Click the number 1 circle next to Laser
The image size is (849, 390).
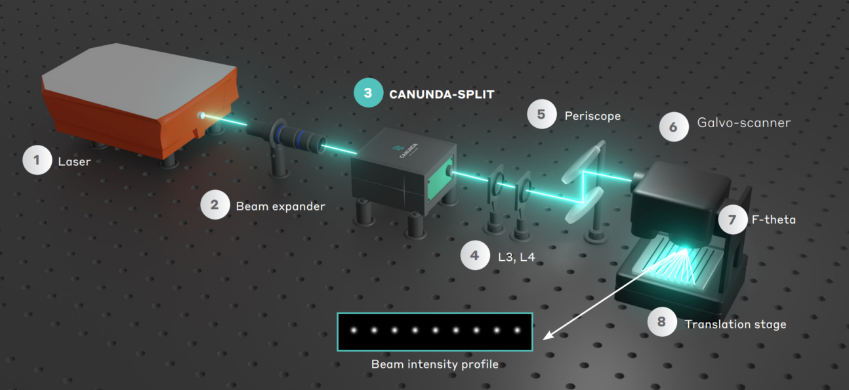pyautogui.click(x=37, y=160)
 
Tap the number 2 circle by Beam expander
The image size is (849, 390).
pyautogui.click(x=215, y=205)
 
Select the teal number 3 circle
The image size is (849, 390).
pyautogui.click(x=367, y=93)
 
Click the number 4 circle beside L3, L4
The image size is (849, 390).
pyautogui.click(x=475, y=256)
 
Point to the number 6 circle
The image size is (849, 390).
pyautogui.click(x=674, y=127)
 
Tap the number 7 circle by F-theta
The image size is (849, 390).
pyautogui.click(x=732, y=220)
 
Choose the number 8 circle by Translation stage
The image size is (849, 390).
pyautogui.click(x=661, y=322)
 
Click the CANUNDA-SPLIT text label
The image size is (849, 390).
pyautogui.click(x=441, y=94)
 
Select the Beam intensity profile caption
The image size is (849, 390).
pyautogui.click(x=434, y=364)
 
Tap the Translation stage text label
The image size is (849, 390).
pyautogui.click(x=735, y=324)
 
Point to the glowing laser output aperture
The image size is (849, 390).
pyautogui.click(x=203, y=116)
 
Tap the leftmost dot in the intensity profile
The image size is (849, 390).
pyautogui.click(x=353, y=330)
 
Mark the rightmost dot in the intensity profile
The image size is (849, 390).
pyautogui.click(x=516, y=330)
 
